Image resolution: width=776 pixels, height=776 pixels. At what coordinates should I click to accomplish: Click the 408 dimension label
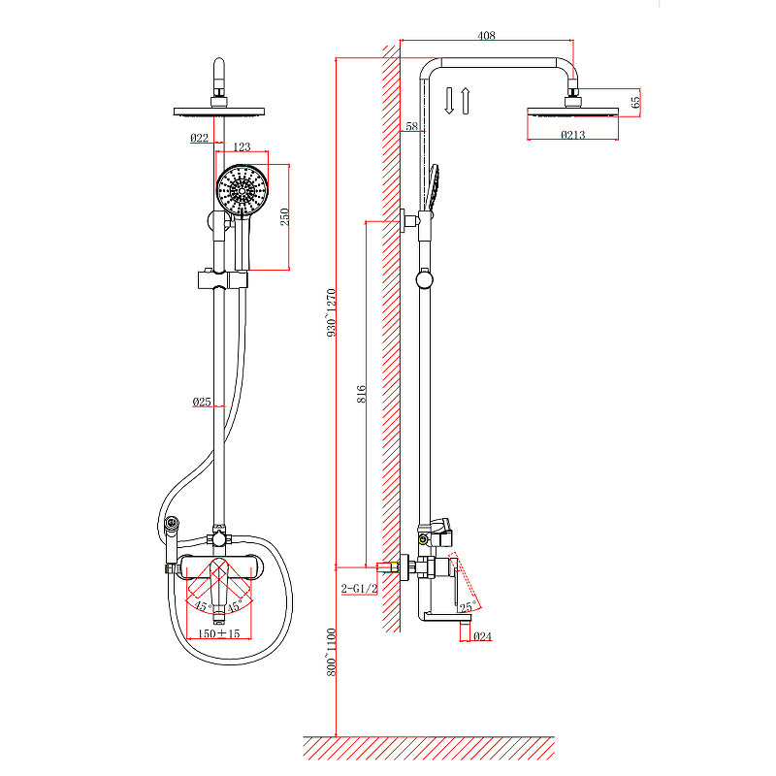click(x=486, y=35)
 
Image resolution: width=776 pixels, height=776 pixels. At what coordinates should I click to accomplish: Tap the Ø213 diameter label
click(x=572, y=134)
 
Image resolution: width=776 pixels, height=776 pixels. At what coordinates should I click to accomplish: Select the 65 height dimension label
click(x=635, y=102)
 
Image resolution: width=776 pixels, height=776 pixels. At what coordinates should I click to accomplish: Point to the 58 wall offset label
click(x=411, y=126)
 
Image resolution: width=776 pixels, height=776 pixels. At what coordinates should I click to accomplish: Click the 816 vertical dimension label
click(x=361, y=394)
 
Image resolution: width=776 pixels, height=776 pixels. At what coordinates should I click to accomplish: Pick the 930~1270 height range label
click(x=331, y=312)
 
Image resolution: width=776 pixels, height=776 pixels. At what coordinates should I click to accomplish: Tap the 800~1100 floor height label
click(x=331, y=652)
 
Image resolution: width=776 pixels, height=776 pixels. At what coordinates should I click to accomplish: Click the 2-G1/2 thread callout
click(x=359, y=589)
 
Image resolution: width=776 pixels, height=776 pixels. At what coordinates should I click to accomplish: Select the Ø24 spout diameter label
click(x=482, y=636)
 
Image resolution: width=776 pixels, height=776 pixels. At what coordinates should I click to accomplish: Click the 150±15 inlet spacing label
click(x=219, y=633)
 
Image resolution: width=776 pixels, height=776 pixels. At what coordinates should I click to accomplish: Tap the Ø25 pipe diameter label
click(x=202, y=402)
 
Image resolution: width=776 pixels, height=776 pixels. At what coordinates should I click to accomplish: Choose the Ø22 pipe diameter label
click(x=200, y=138)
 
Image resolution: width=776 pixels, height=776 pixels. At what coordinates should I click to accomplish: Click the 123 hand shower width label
click(x=242, y=146)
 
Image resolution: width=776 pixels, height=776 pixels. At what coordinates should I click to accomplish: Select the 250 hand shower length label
click(x=284, y=216)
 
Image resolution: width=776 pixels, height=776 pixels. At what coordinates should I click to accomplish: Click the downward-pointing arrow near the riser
click(x=449, y=101)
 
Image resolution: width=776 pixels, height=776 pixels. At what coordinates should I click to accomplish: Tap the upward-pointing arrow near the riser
click(x=466, y=101)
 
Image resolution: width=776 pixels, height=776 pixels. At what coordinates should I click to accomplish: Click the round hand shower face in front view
click(x=242, y=190)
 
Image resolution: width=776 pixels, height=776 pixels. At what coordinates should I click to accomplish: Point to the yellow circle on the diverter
click(x=423, y=539)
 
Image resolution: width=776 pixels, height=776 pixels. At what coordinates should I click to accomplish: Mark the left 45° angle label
click(x=201, y=605)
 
